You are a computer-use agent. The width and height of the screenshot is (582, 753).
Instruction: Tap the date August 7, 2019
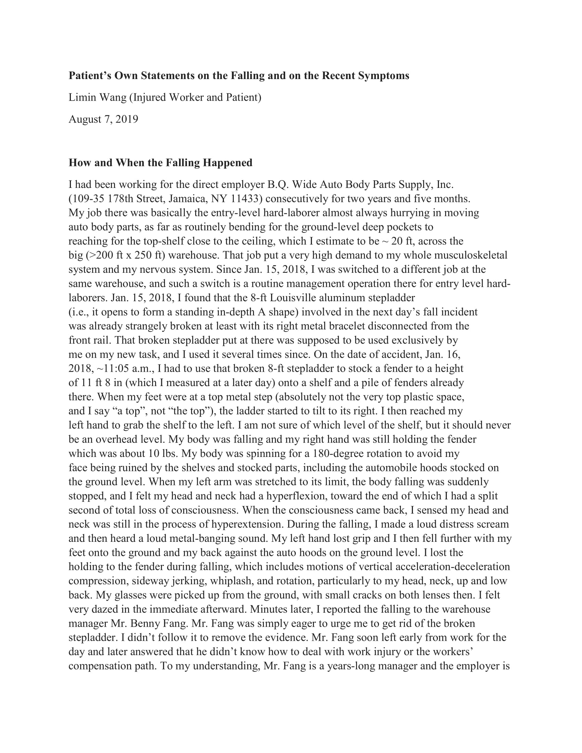(x=103, y=119)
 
